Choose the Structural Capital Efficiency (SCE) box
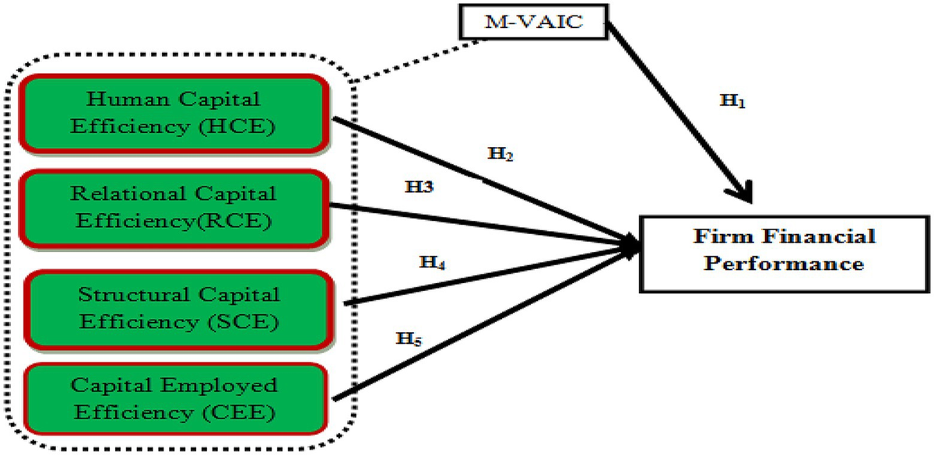click(178, 310)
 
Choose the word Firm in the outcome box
click(713, 236)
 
